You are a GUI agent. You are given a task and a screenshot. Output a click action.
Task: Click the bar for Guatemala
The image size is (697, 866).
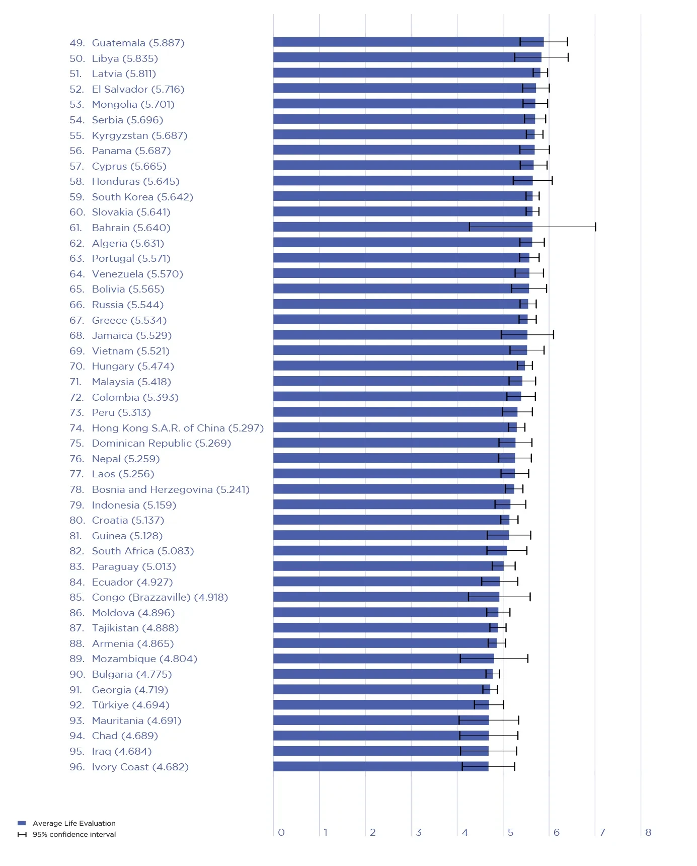[408, 42]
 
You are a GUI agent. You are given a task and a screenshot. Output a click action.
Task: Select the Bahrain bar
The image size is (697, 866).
[403, 227]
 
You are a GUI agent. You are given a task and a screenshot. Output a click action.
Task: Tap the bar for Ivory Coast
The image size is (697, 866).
[380, 766]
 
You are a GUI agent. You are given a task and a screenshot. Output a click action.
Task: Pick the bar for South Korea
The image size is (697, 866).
[403, 196]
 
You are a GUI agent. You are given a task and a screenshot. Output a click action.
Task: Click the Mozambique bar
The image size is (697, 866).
[383, 659]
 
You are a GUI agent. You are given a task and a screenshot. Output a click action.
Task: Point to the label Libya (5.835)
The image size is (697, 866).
[125, 58]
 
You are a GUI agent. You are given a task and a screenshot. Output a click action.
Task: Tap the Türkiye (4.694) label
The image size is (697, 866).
[130, 705]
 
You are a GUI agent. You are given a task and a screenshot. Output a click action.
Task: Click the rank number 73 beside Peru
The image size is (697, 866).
[76, 412]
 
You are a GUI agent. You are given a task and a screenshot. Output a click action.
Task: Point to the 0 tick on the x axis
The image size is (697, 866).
[281, 832]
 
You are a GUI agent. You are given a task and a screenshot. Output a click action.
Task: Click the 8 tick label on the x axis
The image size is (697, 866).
[648, 832]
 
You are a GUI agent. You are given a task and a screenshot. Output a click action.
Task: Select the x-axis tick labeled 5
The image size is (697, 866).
[510, 832]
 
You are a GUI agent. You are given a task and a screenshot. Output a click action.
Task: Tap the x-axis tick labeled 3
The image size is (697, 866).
[419, 832]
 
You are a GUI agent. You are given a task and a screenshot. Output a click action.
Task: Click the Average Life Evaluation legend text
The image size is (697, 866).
[74, 823]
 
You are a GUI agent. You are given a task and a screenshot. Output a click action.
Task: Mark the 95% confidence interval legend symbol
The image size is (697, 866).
[22, 834]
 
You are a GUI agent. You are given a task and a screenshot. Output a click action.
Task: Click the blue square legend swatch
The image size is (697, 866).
[22, 823]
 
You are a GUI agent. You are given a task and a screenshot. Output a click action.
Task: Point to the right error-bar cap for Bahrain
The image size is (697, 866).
[595, 227]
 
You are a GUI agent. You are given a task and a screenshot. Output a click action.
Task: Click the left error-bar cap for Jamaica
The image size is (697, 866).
[501, 335]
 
